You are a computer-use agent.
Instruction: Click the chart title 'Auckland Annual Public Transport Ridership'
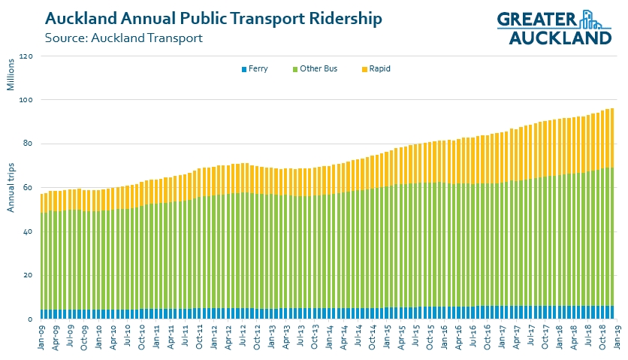[x=213, y=17]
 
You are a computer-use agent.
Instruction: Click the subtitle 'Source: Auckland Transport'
[x=124, y=38]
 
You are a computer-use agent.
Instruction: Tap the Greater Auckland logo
[x=554, y=28]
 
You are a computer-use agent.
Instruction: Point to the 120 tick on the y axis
[x=26, y=56]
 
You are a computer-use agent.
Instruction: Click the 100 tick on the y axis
[x=26, y=100]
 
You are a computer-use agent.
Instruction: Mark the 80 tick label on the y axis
[x=28, y=144]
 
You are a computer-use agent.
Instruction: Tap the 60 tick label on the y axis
[x=28, y=188]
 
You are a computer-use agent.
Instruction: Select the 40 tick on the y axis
[x=28, y=231]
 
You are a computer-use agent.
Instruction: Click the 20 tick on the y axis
[x=28, y=276]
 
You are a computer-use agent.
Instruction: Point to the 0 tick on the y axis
[x=30, y=319]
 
